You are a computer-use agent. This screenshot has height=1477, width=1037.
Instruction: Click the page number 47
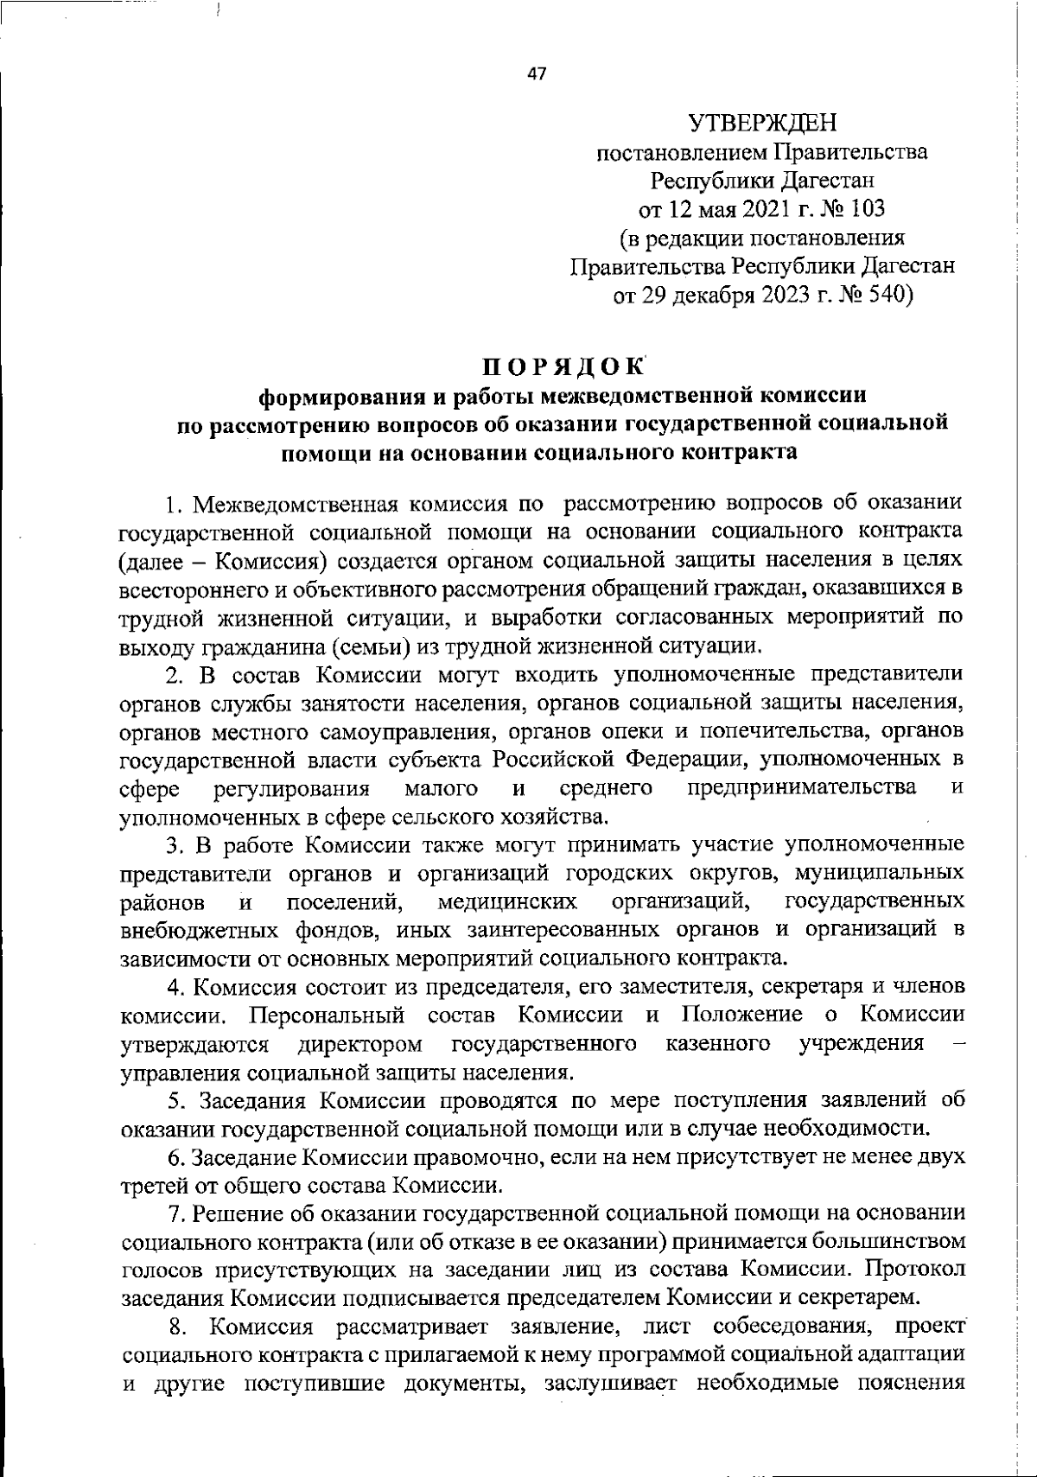pos(537,74)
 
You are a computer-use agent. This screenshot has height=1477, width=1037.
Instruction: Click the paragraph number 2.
pos(172,675)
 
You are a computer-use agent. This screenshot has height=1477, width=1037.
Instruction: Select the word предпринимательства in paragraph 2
pos(802,787)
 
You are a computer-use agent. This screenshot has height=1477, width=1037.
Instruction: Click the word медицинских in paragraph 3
pos(507,902)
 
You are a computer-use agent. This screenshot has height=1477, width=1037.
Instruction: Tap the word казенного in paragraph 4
pos(719,1044)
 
